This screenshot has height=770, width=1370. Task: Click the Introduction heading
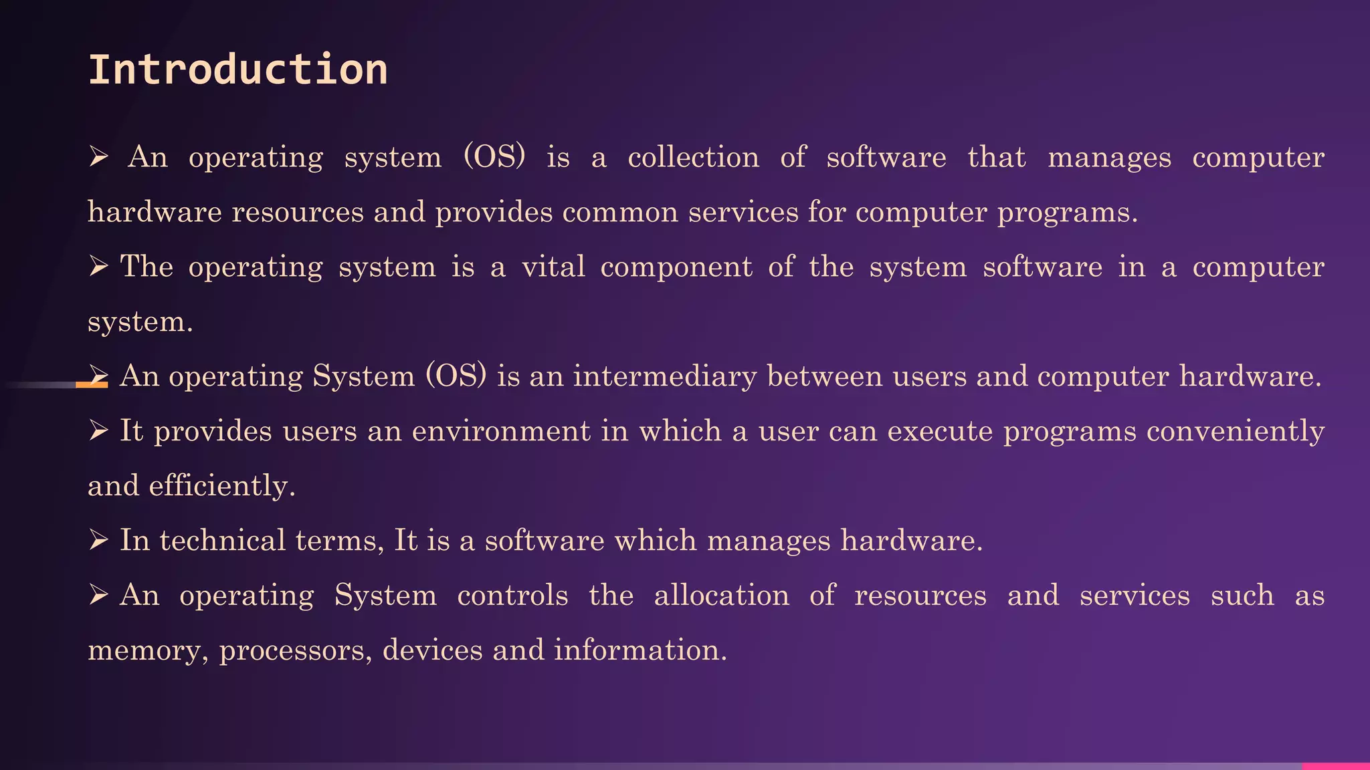(238, 70)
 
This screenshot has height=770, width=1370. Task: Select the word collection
(693, 158)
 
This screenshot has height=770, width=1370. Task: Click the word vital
(553, 267)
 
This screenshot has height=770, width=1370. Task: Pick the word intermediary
(665, 376)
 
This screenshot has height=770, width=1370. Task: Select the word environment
(501, 431)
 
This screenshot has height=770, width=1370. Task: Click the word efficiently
(222, 486)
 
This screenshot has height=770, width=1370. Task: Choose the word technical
(222, 540)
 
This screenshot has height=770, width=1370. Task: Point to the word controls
(512, 595)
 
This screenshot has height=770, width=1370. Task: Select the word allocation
(721, 595)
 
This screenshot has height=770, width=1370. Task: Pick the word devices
(432, 650)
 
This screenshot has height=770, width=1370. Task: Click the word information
(640, 650)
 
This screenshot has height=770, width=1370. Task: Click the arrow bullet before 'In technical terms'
(98, 539)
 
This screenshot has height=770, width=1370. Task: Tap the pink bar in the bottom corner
(1335, 766)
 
